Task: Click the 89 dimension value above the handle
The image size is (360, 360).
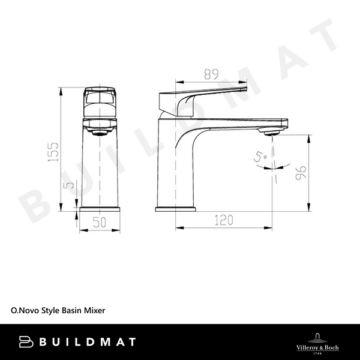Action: click(x=210, y=74)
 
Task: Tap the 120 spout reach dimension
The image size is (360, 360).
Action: click(x=223, y=220)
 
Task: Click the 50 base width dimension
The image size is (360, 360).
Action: click(x=99, y=222)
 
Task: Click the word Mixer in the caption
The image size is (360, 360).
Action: click(x=94, y=310)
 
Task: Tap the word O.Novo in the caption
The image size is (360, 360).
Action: click(x=24, y=310)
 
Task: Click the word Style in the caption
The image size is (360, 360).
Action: click(x=49, y=310)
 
